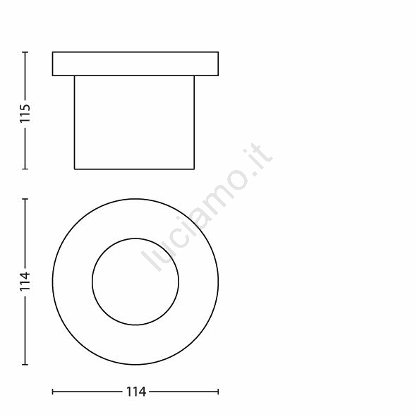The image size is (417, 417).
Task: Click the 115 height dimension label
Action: click(25, 114)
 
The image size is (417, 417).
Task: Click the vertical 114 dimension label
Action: click(25, 282)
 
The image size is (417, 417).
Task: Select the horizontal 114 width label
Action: click(136, 392)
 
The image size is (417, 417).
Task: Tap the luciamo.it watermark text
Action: click(207, 207)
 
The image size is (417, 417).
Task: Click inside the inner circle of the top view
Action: click(135, 282)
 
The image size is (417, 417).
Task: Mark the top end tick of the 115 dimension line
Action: click(25, 52)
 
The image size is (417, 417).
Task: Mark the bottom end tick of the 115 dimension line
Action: click(25, 169)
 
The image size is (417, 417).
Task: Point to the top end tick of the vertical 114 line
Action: click(25, 199)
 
